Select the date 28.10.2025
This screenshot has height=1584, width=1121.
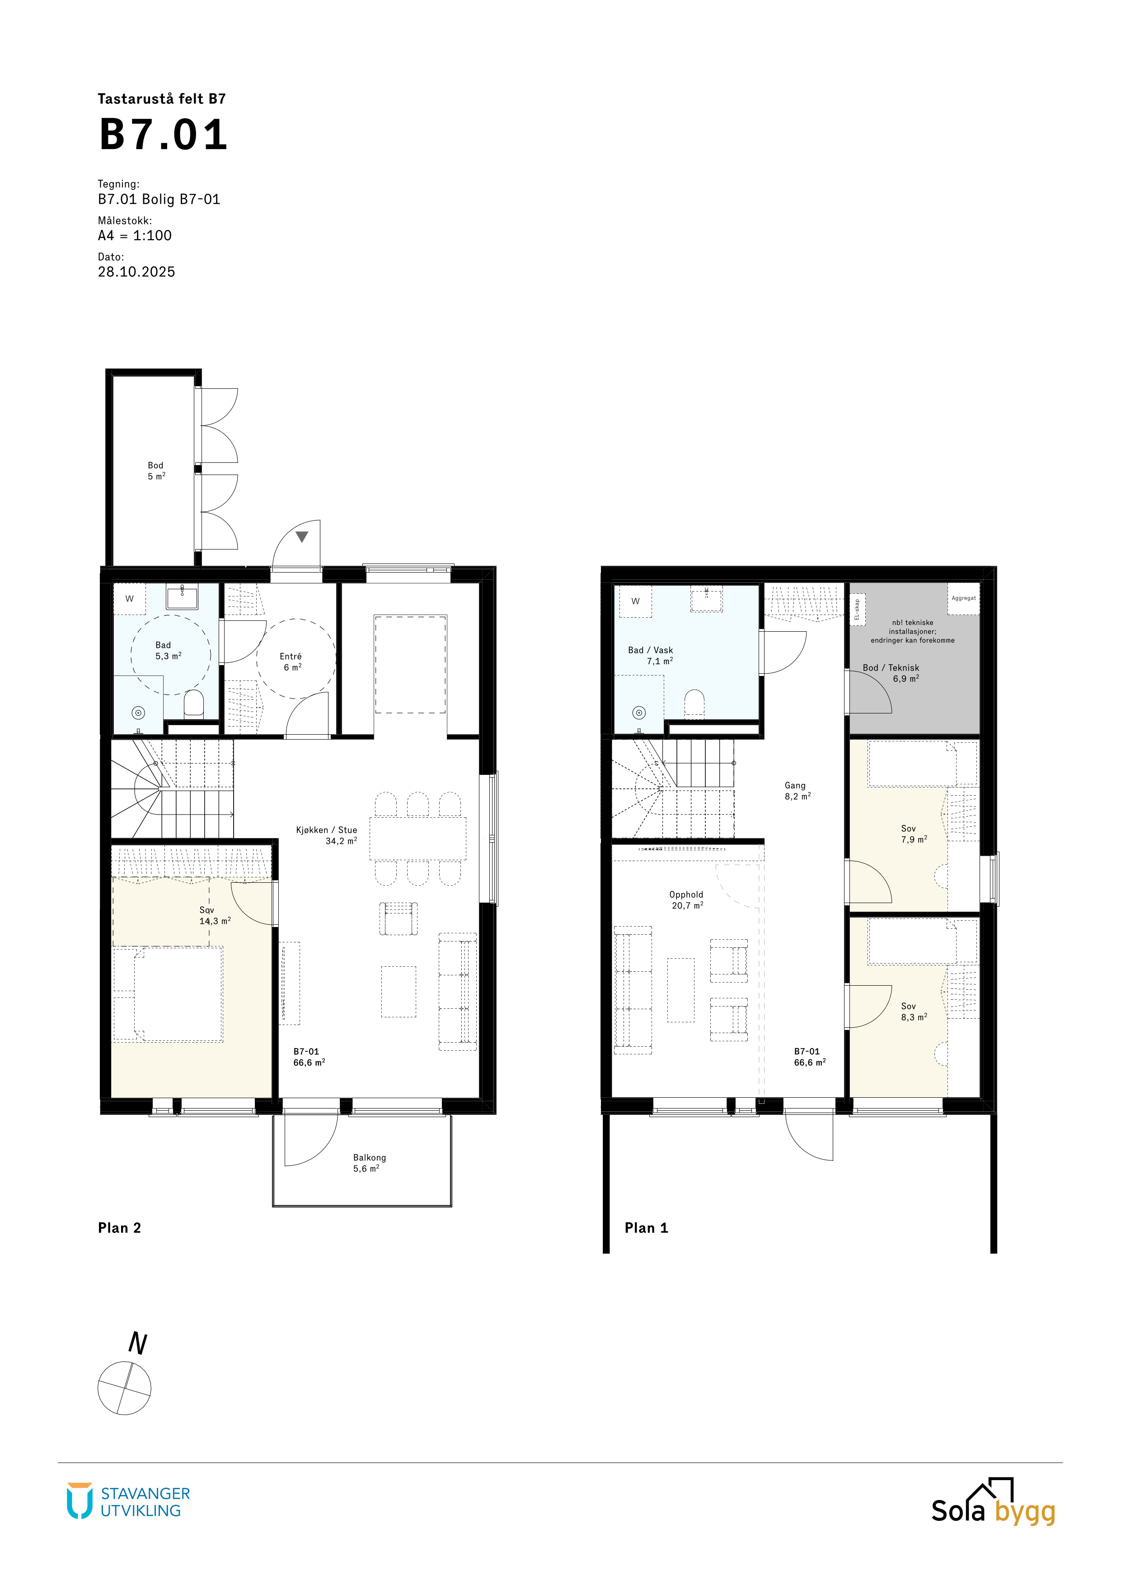(136, 272)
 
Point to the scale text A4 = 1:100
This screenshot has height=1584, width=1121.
(135, 235)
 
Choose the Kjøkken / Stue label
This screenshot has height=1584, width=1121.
(327, 835)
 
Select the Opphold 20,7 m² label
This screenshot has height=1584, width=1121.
(686, 899)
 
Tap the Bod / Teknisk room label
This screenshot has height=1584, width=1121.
(891, 673)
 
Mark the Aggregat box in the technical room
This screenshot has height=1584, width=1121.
(964, 599)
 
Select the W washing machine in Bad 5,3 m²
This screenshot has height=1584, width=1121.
(129, 599)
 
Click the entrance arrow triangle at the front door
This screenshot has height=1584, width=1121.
(302, 536)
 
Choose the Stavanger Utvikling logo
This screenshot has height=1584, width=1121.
(128, 1501)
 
